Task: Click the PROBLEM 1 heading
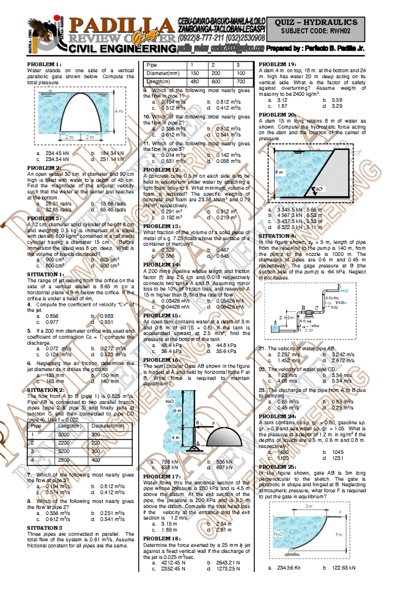[44, 65]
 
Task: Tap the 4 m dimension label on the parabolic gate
[119, 111]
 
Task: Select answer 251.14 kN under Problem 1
[112, 159]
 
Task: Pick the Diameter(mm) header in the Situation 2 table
[108, 426]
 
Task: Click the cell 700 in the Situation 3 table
[241, 82]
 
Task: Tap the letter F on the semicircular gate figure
[214, 423]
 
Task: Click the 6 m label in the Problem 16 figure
[177, 411]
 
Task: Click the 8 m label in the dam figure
[279, 172]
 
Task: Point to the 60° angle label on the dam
[319, 189]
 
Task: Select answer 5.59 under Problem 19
[337, 100]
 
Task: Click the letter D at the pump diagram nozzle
[339, 287]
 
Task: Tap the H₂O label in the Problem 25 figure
[278, 534]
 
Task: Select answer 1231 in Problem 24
[337, 458]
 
